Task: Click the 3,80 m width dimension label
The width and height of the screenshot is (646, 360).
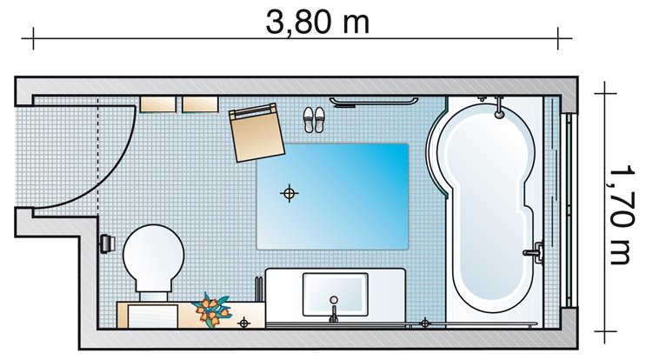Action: [317, 22]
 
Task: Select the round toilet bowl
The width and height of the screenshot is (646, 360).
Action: [153, 256]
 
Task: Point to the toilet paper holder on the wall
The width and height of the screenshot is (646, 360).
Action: [106, 243]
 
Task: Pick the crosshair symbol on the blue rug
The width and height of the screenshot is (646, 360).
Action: [290, 193]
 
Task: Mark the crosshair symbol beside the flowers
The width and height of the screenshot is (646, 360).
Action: [244, 323]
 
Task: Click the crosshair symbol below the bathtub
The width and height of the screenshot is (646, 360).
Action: [425, 323]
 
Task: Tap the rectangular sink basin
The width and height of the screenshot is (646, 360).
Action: [336, 294]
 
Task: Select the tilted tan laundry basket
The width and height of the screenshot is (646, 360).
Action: [256, 132]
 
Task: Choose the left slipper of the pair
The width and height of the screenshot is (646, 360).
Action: [309, 120]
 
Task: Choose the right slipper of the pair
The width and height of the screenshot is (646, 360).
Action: [319, 120]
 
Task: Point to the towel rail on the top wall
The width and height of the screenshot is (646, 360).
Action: [373, 102]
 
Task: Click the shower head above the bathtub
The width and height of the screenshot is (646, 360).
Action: [499, 108]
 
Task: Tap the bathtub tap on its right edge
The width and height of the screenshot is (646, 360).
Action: [534, 252]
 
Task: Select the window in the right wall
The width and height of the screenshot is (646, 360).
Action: [569, 210]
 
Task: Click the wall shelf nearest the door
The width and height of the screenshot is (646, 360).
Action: [157, 104]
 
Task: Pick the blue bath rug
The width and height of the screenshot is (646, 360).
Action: [332, 197]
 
